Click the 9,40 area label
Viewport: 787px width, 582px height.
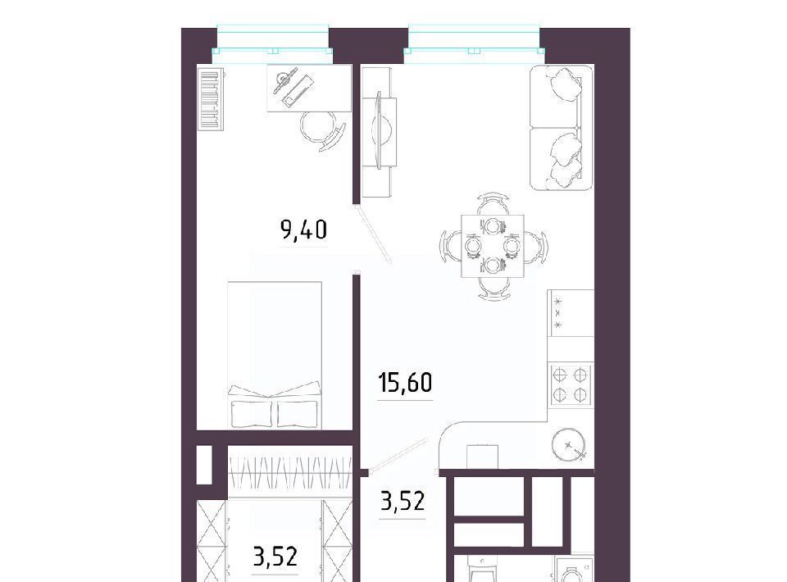coord(303,230)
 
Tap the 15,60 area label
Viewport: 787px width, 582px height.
coord(405,383)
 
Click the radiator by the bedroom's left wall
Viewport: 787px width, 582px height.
coord(211,100)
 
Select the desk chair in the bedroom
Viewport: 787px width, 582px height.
coord(321,130)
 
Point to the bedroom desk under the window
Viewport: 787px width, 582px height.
coord(309,88)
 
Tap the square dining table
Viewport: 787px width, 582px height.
coord(493,246)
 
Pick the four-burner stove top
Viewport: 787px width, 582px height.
coord(571,384)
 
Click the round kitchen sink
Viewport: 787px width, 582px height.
coord(569,443)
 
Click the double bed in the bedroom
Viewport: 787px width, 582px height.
coord(275,355)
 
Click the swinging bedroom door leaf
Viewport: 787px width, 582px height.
coord(374,234)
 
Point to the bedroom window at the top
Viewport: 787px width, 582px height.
coord(272,44)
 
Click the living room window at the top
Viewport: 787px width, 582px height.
coord(475,44)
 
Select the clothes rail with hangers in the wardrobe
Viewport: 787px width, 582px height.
coord(290,472)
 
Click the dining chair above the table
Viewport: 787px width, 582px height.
coord(493,204)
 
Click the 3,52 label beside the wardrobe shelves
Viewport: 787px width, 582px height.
coord(275,557)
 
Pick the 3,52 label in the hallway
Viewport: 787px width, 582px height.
coord(403,501)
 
